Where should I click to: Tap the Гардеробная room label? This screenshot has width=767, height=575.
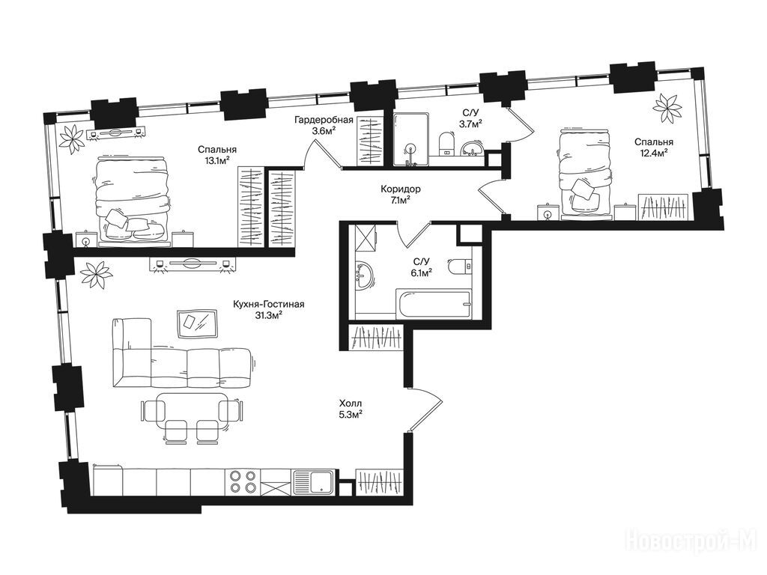[324, 121]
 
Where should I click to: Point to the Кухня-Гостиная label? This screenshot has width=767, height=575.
[269, 305]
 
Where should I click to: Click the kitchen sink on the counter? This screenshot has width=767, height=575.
[314, 481]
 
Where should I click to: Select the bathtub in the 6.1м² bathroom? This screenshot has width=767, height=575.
[434, 303]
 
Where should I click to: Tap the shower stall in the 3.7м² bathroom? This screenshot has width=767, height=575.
[412, 139]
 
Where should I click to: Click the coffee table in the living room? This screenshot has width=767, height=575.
[197, 323]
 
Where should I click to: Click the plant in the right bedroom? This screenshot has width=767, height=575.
[667, 108]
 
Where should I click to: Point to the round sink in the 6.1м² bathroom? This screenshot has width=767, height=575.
[364, 276]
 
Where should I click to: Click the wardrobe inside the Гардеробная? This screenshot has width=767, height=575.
[369, 140]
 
